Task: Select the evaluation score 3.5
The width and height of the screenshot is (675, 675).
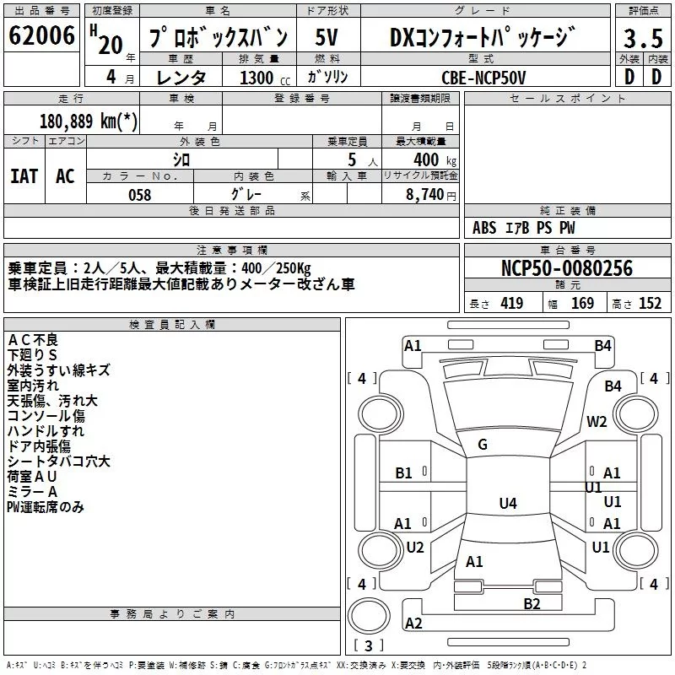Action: pos(642,40)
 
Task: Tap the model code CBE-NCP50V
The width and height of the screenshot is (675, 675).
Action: pos(483,78)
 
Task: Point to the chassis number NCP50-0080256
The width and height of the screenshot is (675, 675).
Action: pos(566,268)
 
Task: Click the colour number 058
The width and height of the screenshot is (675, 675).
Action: pos(139,194)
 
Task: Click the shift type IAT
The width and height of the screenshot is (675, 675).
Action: pos(24,175)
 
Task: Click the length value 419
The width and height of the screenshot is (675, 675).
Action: pos(511,304)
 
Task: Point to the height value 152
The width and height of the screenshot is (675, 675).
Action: pos(650,304)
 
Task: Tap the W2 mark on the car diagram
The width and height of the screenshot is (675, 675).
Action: pos(597,422)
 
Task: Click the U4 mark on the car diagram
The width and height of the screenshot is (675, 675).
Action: pos(507,504)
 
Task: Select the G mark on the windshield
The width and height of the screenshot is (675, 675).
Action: pos(483,445)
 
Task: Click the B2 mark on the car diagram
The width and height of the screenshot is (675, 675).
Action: pos(532,603)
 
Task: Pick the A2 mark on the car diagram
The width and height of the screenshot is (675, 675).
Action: pos(413,624)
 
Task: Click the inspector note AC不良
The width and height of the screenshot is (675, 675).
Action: pos(33,340)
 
